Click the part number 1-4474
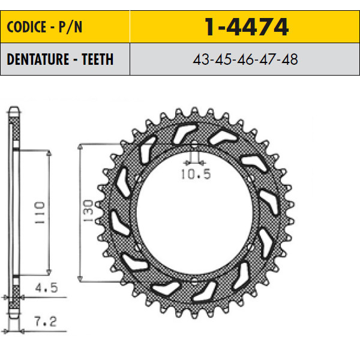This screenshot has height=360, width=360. point(247,27)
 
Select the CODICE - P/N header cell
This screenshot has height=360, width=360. point(65,26)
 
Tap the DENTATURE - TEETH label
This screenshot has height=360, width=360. point(60,59)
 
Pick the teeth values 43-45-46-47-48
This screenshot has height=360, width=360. point(245,59)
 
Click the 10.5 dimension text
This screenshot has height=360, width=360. point(196,174)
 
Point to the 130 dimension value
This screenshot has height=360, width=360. point(88,211)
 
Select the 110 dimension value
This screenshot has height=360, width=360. point(40,213)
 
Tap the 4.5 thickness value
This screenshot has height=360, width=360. point(46,287)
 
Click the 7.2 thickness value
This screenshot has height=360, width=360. point(46,322)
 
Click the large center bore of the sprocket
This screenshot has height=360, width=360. point(194,212)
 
